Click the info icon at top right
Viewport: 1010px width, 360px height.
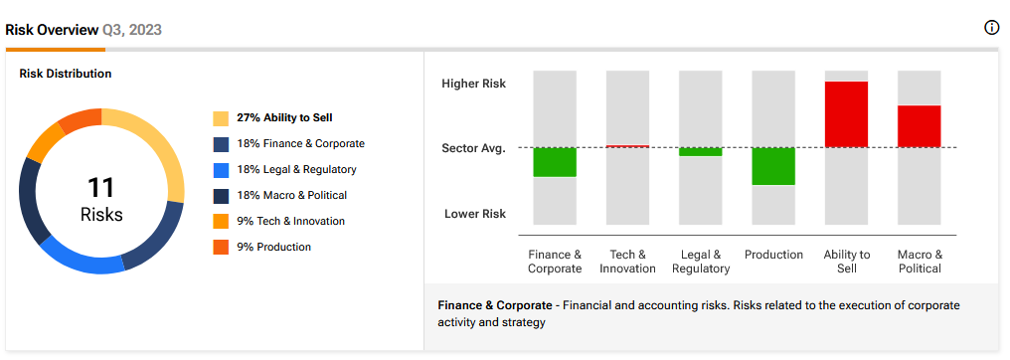click(x=991, y=28)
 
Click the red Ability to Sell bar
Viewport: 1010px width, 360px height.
click(x=846, y=114)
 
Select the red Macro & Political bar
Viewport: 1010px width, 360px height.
click(x=920, y=126)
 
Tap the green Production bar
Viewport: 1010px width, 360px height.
click(x=773, y=166)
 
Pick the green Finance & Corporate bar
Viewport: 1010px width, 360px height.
click(x=555, y=162)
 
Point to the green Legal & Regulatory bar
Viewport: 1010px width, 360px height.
click(x=701, y=152)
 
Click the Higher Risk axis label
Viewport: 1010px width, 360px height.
click(x=473, y=84)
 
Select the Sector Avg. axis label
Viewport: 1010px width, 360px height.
click(x=473, y=148)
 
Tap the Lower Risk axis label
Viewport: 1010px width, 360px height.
click(x=475, y=214)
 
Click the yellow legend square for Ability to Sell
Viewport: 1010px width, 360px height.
click(x=221, y=118)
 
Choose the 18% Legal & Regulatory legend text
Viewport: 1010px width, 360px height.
click(x=296, y=169)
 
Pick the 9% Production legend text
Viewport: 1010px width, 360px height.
click(x=273, y=247)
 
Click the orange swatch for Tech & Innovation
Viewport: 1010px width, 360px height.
click(x=221, y=221)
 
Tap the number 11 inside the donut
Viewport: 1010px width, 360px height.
click(x=101, y=187)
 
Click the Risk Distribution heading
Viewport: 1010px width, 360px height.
click(x=65, y=74)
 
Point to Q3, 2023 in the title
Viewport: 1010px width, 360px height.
click(x=131, y=30)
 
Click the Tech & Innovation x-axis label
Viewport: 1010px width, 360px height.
click(x=627, y=262)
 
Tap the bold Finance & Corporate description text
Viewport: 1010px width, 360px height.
click(x=495, y=305)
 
